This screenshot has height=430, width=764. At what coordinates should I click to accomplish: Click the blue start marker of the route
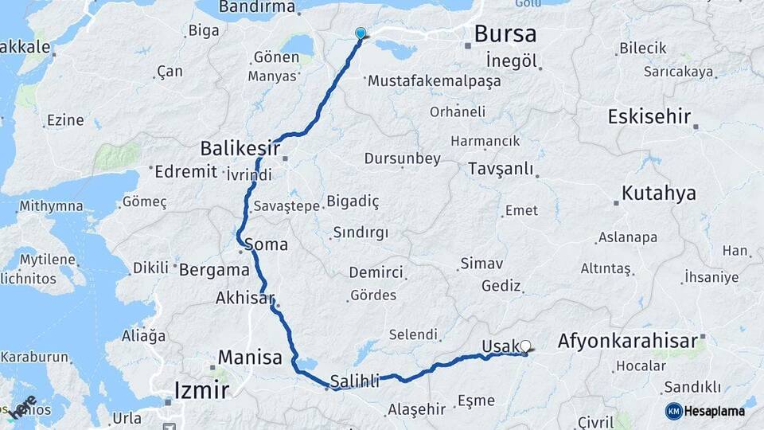361,33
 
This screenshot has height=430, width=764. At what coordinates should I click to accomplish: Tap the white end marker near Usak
525,346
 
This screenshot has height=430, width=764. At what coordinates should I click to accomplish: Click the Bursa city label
505,33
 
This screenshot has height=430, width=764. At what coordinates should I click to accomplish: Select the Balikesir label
240,148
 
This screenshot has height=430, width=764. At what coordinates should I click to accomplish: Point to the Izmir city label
201,390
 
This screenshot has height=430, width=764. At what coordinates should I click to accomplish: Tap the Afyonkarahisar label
632,341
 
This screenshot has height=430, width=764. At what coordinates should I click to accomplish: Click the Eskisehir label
649,116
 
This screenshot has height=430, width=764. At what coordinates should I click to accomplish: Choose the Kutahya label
659,193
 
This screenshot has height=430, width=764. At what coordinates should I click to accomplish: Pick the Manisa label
250,358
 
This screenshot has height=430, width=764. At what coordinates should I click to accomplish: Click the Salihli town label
355,382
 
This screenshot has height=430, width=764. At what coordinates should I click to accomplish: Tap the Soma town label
267,244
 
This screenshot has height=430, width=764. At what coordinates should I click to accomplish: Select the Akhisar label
244,299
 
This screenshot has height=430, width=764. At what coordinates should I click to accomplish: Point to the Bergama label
214,269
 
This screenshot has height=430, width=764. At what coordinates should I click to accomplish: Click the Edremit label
186,171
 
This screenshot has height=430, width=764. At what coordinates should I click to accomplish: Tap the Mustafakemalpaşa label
434,81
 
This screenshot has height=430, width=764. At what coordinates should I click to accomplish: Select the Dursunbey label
403,158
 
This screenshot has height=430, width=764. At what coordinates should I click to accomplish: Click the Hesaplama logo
705,411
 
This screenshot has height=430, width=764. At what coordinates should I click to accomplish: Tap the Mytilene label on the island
49,260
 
